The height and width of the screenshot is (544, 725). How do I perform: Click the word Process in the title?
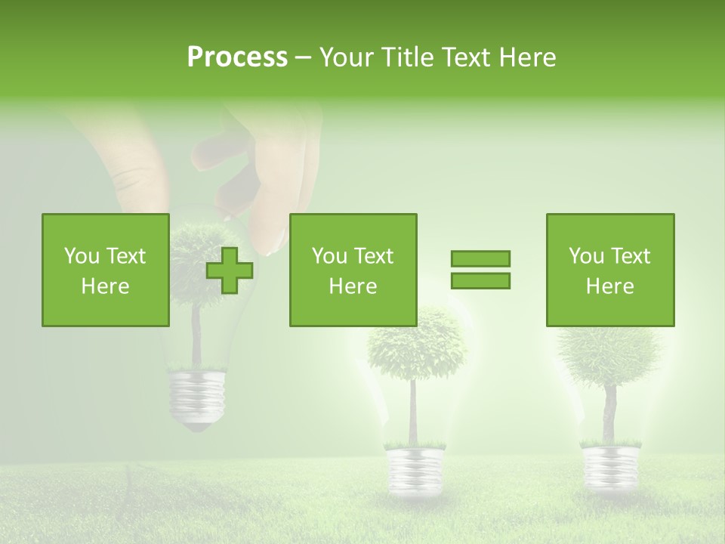[x=237, y=57]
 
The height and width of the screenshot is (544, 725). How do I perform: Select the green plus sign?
[x=230, y=270]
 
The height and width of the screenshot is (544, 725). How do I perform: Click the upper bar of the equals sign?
[x=480, y=258]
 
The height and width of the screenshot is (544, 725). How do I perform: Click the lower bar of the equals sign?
[x=480, y=281]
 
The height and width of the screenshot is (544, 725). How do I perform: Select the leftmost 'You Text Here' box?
[x=106, y=270]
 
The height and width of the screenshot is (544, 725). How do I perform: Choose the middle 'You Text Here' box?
[x=353, y=270]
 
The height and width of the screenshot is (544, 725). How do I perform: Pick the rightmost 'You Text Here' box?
[x=610, y=270]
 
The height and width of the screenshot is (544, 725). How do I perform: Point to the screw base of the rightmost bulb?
[x=609, y=465]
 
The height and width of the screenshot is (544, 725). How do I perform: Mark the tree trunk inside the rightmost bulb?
[x=609, y=412]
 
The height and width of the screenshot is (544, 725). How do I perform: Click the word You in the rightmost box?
[x=586, y=256]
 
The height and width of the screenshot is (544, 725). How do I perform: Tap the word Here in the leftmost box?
[x=106, y=286]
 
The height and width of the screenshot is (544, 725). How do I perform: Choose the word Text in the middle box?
[x=375, y=256]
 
